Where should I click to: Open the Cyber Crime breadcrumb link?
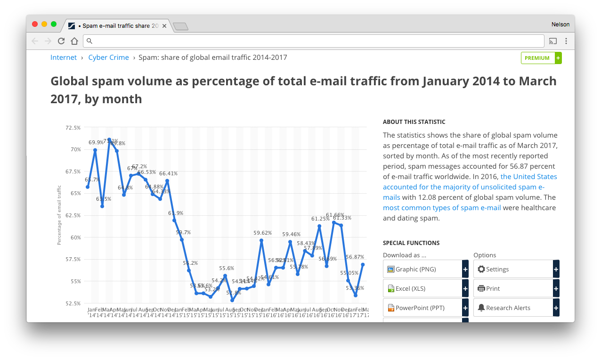pos(108,57)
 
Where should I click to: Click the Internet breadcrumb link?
pos(64,57)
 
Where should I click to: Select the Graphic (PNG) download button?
pos(422,269)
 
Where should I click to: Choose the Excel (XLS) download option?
pos(422,288)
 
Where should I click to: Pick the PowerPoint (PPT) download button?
pos(422,308)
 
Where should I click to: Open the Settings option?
pos(513,269)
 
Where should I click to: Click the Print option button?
pos(513,288)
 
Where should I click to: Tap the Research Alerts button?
pos(513,308)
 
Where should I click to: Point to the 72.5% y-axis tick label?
pos(73,128)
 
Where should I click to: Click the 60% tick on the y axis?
pos(75,237)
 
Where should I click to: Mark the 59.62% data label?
pos(262,233)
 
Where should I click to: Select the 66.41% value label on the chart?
pos(168,173)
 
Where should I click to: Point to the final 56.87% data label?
pos(355,257)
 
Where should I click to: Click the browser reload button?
pos(61,41)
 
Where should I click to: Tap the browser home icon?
pos(74,41)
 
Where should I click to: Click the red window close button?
pos(35,24)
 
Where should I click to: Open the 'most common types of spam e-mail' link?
pos(442,208)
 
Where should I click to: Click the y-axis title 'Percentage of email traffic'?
pos(59,215)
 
